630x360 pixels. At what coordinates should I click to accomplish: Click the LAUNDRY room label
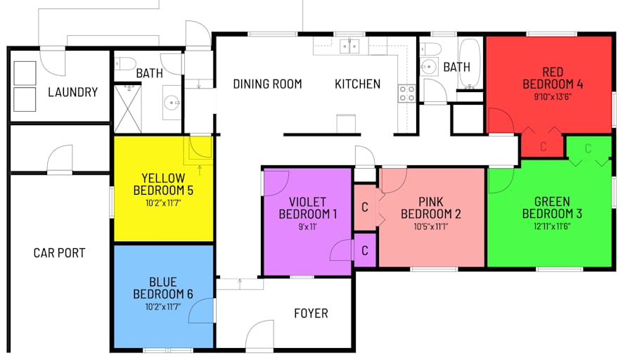click(x=72, y=92)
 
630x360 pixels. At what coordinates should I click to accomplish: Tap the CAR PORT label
click(x=60, y=252)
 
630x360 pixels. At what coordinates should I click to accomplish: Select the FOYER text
click(x=311, y=313)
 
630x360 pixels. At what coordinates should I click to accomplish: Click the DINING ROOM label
click(x=268, y=84)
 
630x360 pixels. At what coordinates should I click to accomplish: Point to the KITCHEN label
click(x=358, y=84)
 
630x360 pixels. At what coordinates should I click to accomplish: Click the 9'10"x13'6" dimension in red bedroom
click(x=553, y=97)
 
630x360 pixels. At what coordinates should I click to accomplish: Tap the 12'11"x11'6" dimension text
click(x=552, y=226)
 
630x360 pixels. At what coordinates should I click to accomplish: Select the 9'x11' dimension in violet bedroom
click(x=307, y=226)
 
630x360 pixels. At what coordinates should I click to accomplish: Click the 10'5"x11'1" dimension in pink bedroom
click(x=431, y=226)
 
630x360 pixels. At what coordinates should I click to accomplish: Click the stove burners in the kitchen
click(x=407, y=94)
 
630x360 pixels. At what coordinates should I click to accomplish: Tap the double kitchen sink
click(x=349, y=46)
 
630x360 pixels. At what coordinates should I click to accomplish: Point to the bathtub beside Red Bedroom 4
click(x=470, y=63)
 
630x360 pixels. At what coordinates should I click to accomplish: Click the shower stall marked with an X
click(x=128, y=108)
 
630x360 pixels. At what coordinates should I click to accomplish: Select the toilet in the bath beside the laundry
click(x=125, y=64)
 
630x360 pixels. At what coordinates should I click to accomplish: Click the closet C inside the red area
click(x=544, y=147)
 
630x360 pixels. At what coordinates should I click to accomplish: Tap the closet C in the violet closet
click(x=365, y=251)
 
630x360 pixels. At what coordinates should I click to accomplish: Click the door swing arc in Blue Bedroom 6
click(x=200, y=310)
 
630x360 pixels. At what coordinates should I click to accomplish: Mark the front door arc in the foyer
click(x=259, y=334)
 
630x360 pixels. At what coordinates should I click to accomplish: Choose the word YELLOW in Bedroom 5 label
click(x=163, y=178)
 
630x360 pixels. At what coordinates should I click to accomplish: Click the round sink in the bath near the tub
click(x=430, y=66)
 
